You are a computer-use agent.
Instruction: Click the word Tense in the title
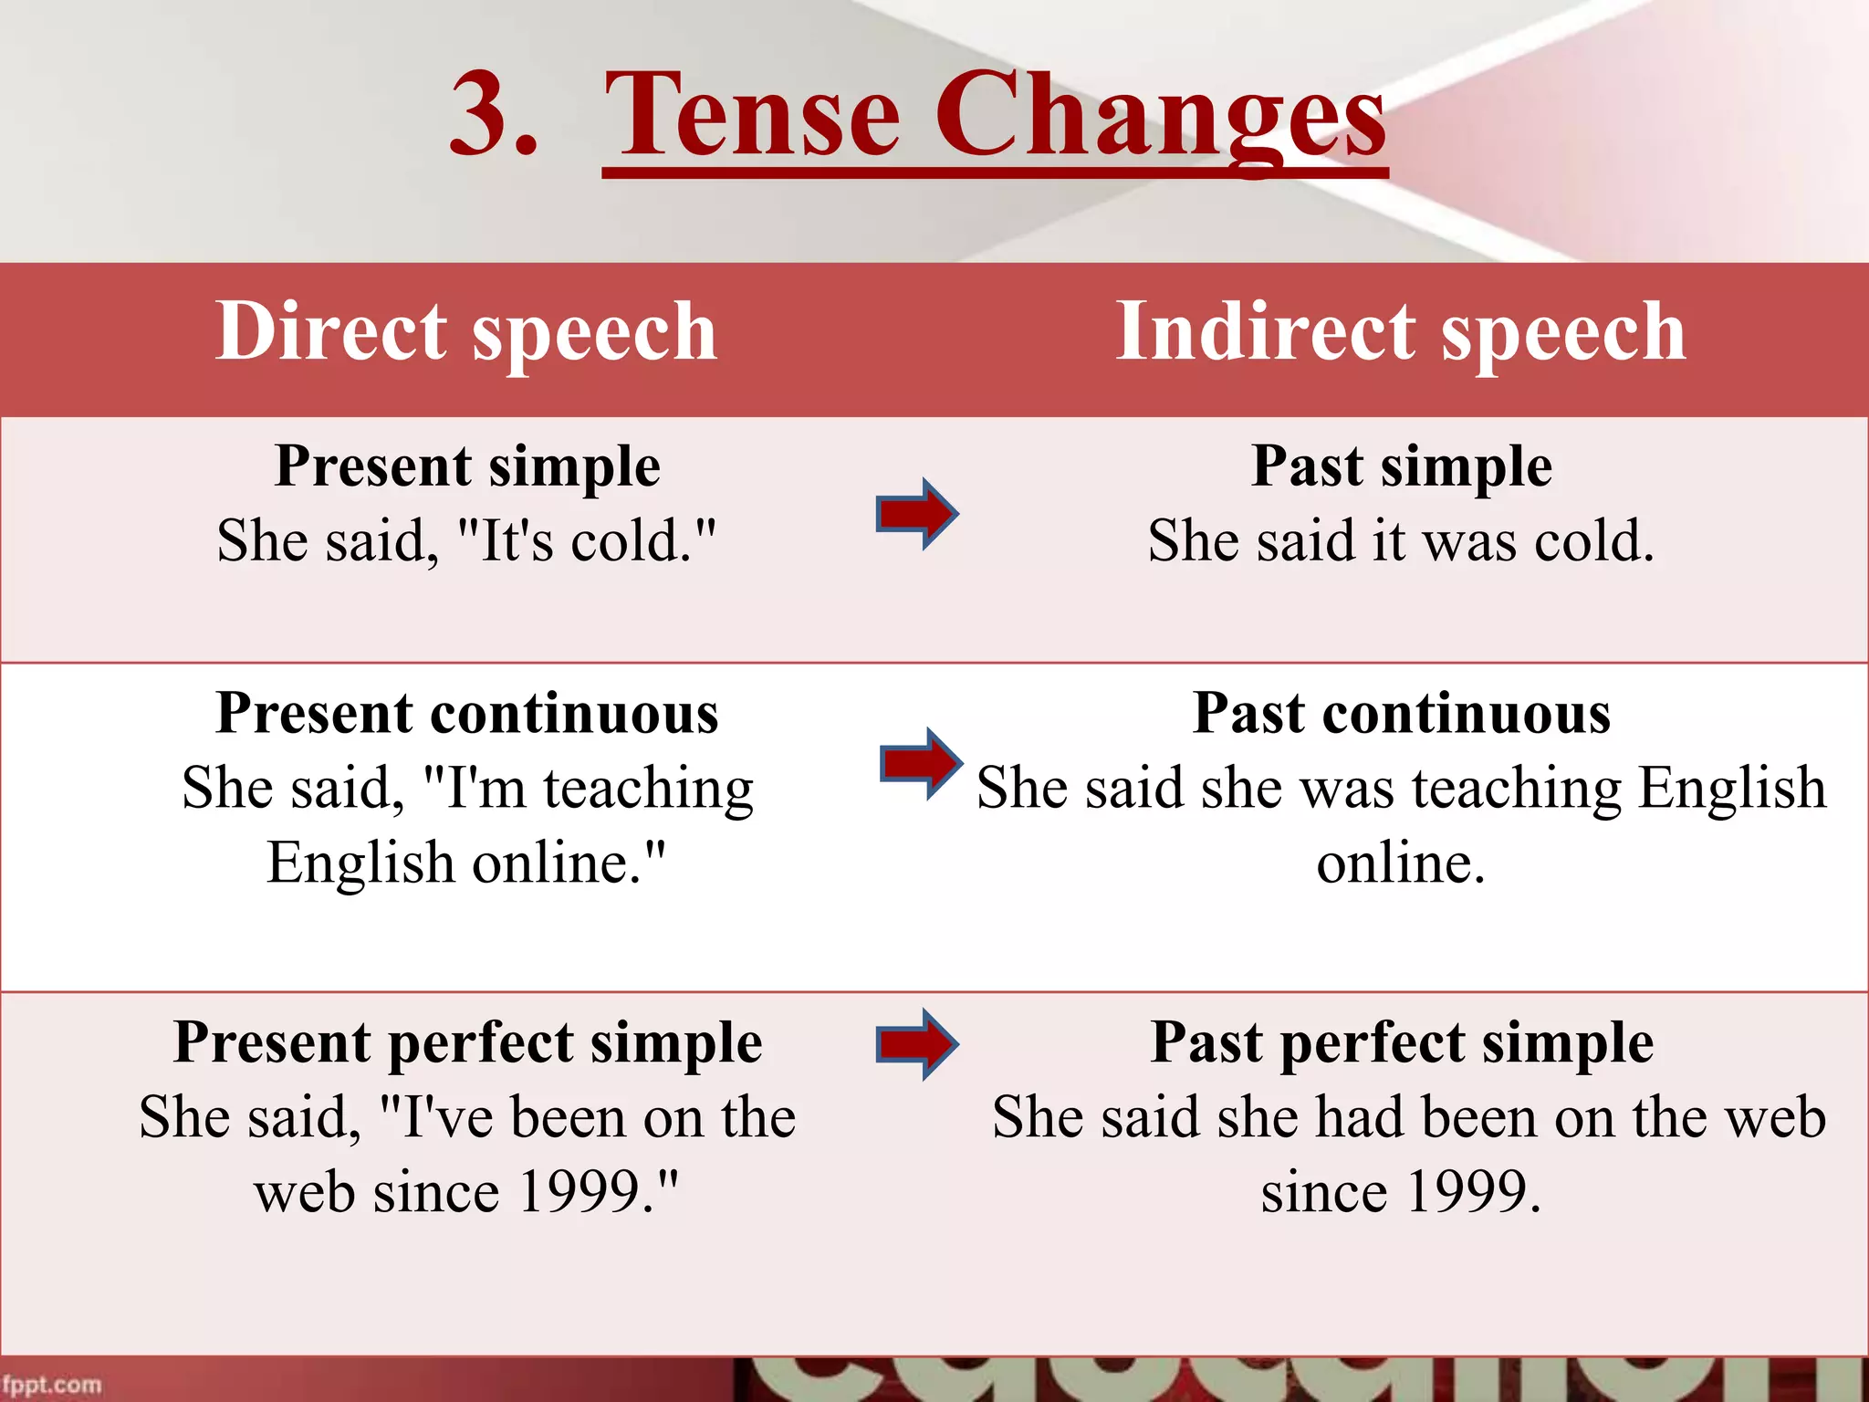click(752, 117)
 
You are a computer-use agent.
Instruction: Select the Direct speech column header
click(466, 332)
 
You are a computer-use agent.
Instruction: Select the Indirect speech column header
click(1401, 332)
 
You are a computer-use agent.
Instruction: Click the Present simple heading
click(467, 466)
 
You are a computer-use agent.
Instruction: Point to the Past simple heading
click(1401, 466)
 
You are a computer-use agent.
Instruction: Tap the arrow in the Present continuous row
click(921, 764)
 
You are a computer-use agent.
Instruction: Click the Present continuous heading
click(467, 713)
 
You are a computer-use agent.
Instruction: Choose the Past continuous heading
click(1401, 713)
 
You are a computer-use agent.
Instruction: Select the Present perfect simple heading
click(467, 1042)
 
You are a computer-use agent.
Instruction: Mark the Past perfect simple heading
click(1401, 1042)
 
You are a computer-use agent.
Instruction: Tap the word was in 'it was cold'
click(1469, 541)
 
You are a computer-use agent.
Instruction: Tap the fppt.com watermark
click(51, 1385)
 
